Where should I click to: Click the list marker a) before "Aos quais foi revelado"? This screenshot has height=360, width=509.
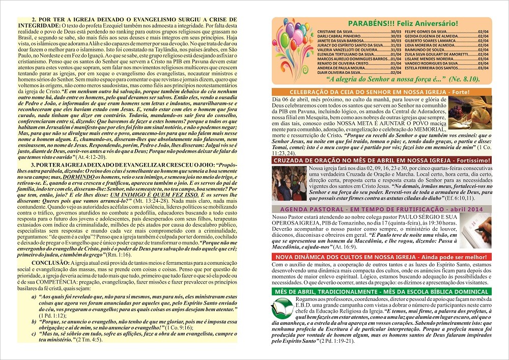coord(34,296)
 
